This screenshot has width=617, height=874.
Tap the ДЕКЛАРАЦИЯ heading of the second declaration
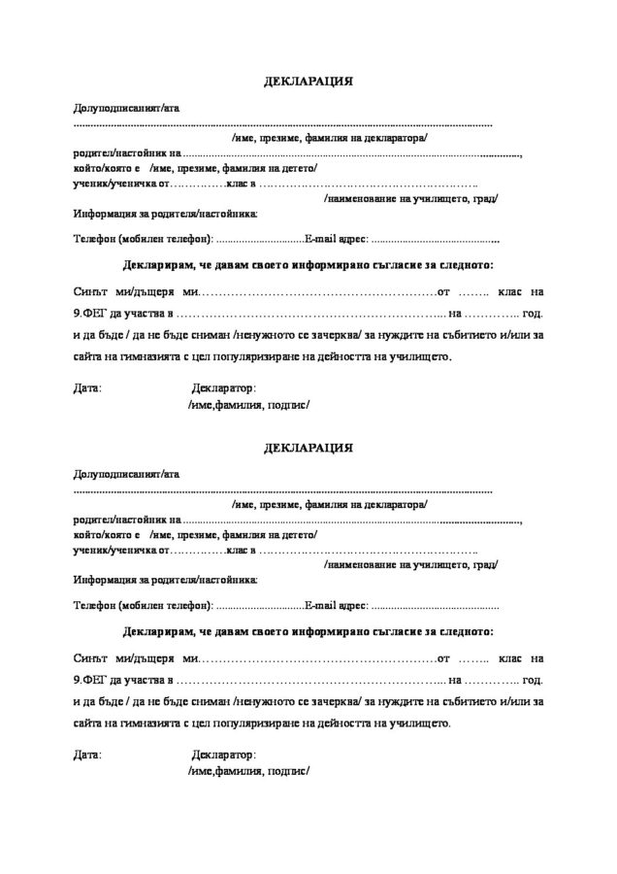coord(308,449)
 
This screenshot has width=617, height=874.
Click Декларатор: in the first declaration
coord(224,387)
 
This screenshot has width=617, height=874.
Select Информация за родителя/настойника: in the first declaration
coord(165,213)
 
